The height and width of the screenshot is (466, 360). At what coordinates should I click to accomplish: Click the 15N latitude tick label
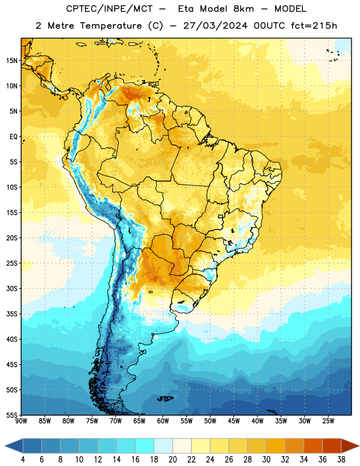[12, 61]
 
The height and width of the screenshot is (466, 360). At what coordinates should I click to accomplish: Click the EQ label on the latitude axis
[13, 137]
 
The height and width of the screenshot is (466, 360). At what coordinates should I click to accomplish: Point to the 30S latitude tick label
[12, 288]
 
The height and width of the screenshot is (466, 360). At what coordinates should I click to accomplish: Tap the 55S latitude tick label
[12, 415]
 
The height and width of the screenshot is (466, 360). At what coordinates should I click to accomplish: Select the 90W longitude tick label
[21, 421]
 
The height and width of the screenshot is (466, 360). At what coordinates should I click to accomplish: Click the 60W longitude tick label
[163, 421]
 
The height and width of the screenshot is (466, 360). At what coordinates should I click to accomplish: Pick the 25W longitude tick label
[328, 421]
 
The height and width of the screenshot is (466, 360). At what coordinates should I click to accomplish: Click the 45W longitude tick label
[234, 421]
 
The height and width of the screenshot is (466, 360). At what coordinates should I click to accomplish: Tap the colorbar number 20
[172, 460]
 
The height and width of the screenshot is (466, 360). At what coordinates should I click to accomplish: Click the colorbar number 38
[341, 460]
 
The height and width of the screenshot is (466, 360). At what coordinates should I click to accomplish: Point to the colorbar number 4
[23, 460]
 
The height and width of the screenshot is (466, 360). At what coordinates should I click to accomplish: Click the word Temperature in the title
[111, 26]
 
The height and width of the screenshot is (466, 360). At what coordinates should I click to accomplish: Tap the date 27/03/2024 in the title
[215, 26]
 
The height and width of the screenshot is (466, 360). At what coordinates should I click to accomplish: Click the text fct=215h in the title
[314, 26]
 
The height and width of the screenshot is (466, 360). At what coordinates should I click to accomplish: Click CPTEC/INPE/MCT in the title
[109, 9]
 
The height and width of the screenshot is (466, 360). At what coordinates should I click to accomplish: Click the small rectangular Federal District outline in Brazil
[221, 216]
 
